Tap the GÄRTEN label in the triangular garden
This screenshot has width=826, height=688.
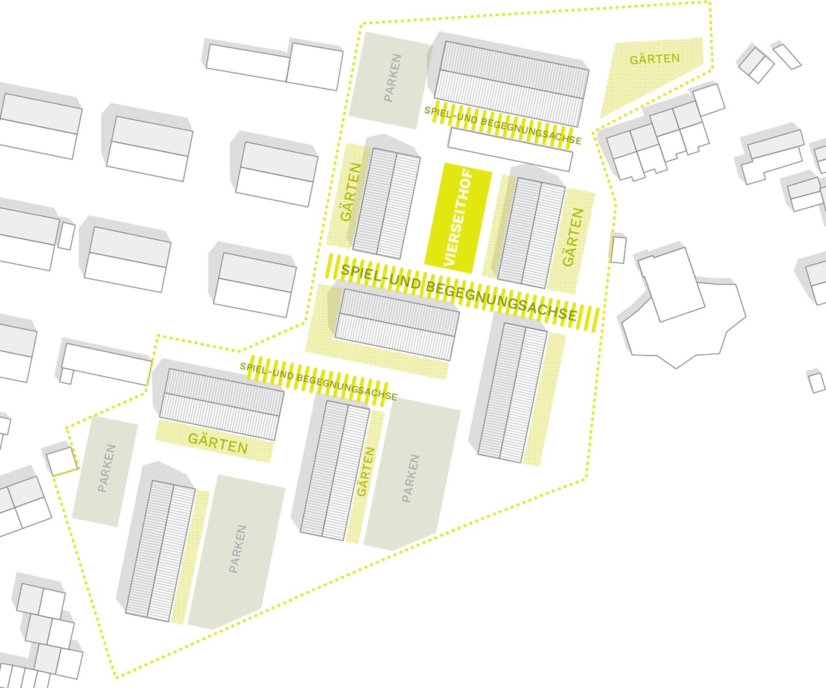(x=654, y=59)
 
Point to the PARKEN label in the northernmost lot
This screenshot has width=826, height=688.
(x=392, y=78)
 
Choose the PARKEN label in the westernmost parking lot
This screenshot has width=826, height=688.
(x=106, y=468)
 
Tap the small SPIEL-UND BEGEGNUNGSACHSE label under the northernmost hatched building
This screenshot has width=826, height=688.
(x=503, y=125)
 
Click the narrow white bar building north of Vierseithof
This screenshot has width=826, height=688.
(x=510, y=150)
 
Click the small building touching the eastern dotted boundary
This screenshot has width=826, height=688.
(x=618, y=249)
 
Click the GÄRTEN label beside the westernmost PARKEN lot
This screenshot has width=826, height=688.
(x=218, y=443)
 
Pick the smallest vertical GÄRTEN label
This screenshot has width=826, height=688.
(x=366, y=472)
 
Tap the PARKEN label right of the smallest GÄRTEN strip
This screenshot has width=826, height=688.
(x=410, y=479)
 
